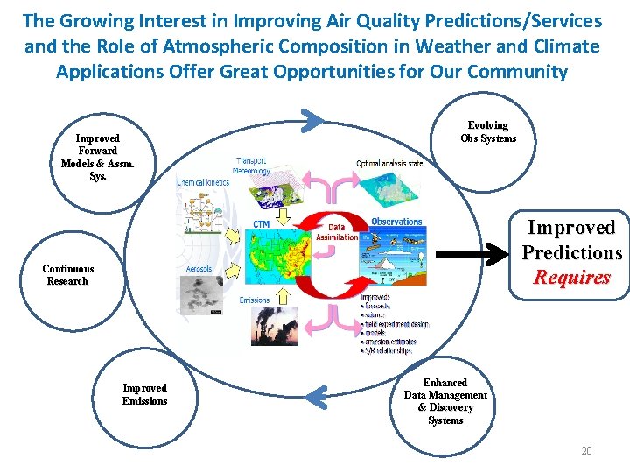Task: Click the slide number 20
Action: point(586,451)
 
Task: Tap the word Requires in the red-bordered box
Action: point(572,278)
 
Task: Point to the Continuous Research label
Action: point(67,275)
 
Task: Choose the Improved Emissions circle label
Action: point(144,394)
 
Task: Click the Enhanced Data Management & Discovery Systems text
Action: point(445,401)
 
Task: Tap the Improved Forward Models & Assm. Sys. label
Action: point(97,157)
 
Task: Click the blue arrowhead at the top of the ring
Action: point(316,117)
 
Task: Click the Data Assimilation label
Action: point(336,231)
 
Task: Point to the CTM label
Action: point(262,224)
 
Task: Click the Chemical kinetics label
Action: point(203,182)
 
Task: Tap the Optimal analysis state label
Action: point(389,163)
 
